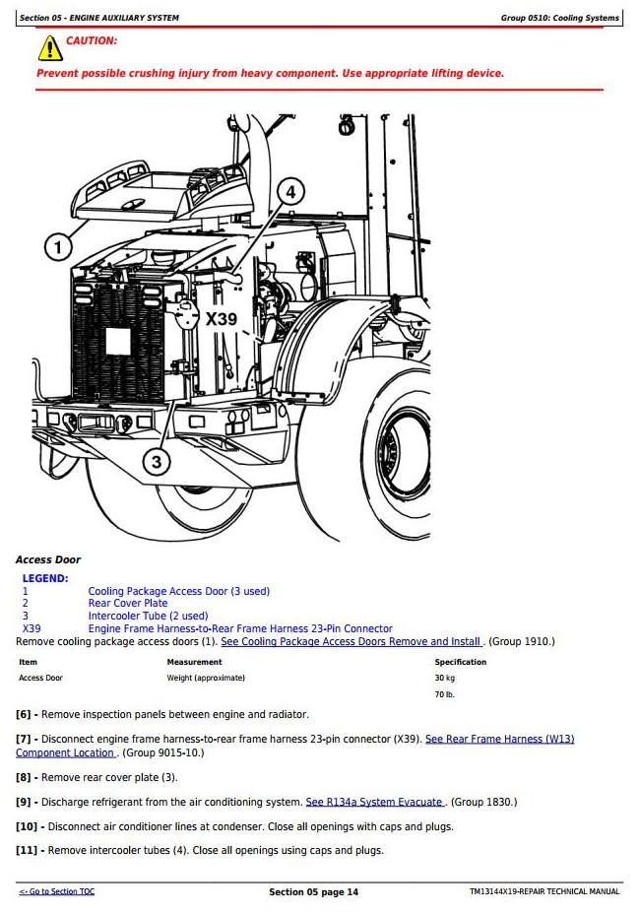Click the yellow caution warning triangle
tap(50, 48)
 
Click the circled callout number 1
tap(58, 247)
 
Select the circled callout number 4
tap(290, 192)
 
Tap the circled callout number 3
tap(157, 462)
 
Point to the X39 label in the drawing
tap(222, 318)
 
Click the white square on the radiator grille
tap(117, 341)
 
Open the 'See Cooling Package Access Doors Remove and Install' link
tap(352, 641)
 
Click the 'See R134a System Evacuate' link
tap(375, 802)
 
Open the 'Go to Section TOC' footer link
tap(56, 891)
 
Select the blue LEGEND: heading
tap(45, 578)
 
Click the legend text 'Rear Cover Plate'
tap(128, 603)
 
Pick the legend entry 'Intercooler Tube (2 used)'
tap(148, 616)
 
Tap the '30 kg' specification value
tap(444, 678)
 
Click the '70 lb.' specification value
tap(444, 694)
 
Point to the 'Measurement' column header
tap(194, 662)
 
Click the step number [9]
tap(23, 802)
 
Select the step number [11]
tap(27, 850)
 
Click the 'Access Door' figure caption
tap(47, 559)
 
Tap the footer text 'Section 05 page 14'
tap(313, 892)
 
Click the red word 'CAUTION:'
tap(91, 40)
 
